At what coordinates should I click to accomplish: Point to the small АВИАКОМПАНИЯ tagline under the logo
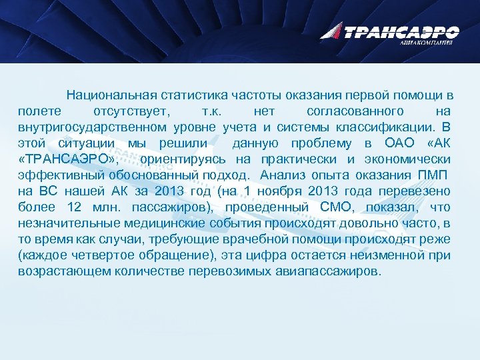coord(426,42)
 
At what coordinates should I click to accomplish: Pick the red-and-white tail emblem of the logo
coord(332,30)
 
